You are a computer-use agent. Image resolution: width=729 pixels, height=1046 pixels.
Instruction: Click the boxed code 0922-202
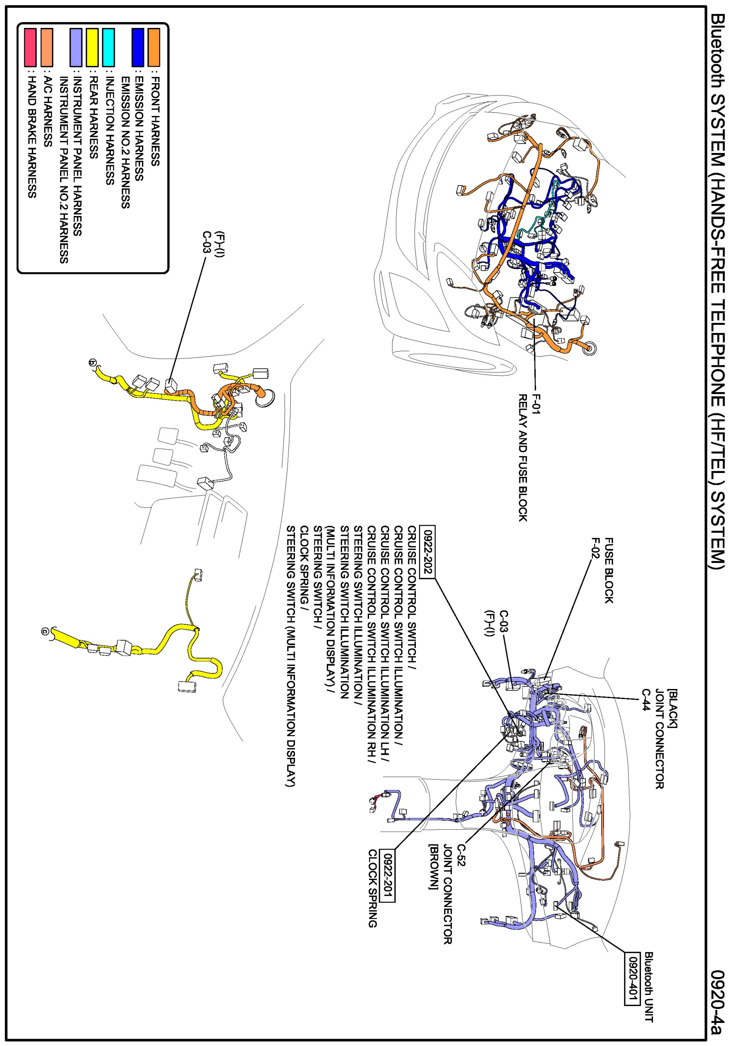tap(428, 552)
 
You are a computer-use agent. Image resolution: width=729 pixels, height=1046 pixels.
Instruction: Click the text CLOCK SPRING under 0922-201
tap(373, 888)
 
